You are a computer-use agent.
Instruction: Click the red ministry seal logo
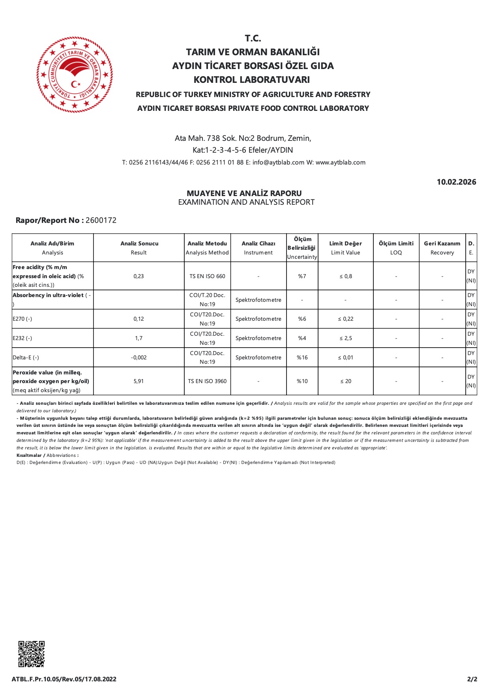pyautogui.click(x=75, y=75)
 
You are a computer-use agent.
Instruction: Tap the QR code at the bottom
pyautogui.click(x=32, y=654)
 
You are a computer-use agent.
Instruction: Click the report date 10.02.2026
pyautogui.click(x=456, y=182)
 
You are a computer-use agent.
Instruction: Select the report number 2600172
pyautogui.click(x=101, y=220)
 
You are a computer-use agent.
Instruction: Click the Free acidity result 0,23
pyautogui.click(x=139, y=276)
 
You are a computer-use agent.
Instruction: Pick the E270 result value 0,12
pyautogui.click(x=139, y=319)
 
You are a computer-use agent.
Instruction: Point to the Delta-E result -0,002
pyautogui.click(x=139, y=357)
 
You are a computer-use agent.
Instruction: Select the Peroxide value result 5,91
pyautogui.click(x=139, y=381)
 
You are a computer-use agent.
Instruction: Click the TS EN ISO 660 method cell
pyautogui.click(x=207, y=276)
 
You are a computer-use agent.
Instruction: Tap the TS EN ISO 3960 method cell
pyautogui.click(x=207, y=381)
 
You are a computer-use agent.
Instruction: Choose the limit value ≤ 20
pyautogui.click(x=345, y=381)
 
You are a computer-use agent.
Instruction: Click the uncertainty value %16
pyautogui.click(x=302, y=357)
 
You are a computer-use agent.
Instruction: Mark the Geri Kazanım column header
pyautogui.click(x=442, y=248)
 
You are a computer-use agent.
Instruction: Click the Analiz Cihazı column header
pyautogui.click(x=258, y=248)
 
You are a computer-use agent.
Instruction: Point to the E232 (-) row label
pyautogui.click(x=22, y=338)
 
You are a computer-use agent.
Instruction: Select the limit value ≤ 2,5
pyautogui.click(x=345, y=338)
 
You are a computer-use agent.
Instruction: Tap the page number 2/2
pyautogui.click(x=472, y=679)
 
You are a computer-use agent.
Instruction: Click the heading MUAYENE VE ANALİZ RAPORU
pyautogui.click(x=244, y=193)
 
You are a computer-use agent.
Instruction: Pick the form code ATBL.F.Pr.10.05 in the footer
pyautogui.click(x=64, y=679)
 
